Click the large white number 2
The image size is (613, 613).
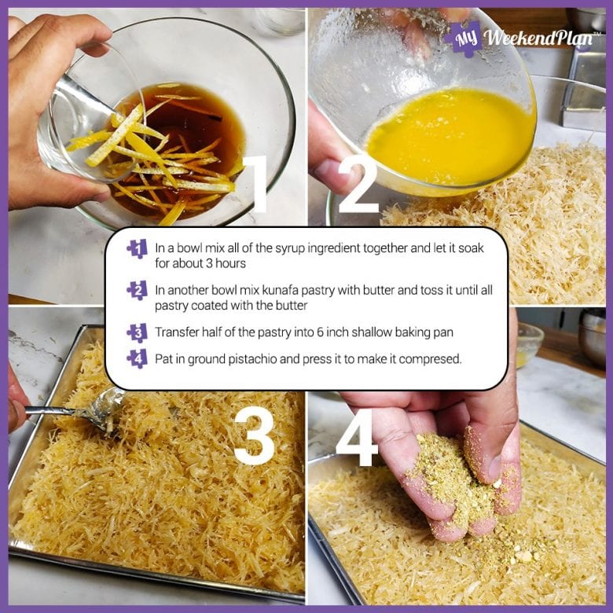tap(358, 185)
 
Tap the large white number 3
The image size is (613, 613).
tap(255, 435)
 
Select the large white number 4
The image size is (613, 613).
tap(358, 435)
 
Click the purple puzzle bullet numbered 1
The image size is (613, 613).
tap(137, 249)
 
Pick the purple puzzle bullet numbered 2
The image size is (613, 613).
tap(137, 291)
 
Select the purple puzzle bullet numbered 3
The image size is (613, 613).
tap(137, 332)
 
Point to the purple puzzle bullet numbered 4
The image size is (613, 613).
tap(137, 358)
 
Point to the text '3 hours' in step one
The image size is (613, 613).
tap(228, 262)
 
